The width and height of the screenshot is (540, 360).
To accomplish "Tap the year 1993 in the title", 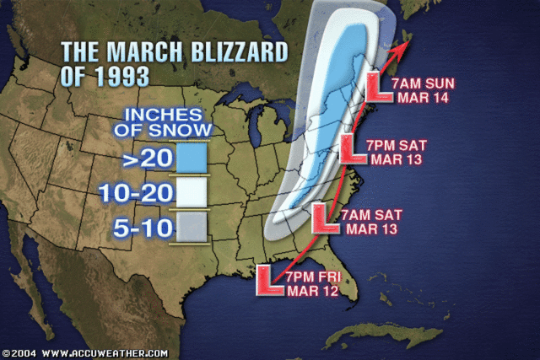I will pyautogui.click(x=120, y=76).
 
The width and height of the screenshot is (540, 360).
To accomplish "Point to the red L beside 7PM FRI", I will pyautogui.click(x=269, y=280).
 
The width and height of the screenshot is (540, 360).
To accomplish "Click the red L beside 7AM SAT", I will pyautogui.click(x=326, y=218).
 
